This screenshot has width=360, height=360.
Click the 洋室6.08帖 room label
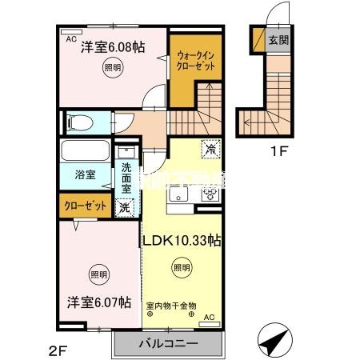(112, 48)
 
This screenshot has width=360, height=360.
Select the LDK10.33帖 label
(182, 240)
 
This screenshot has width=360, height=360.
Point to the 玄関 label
(278, 39)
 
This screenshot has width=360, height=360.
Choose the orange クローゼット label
(86, 206)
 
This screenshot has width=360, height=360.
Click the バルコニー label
(168, 343)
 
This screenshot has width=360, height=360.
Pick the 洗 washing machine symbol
(124, 207)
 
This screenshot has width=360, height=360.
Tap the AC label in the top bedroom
(70, 38)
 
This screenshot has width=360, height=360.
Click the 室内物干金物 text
(170, 304)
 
